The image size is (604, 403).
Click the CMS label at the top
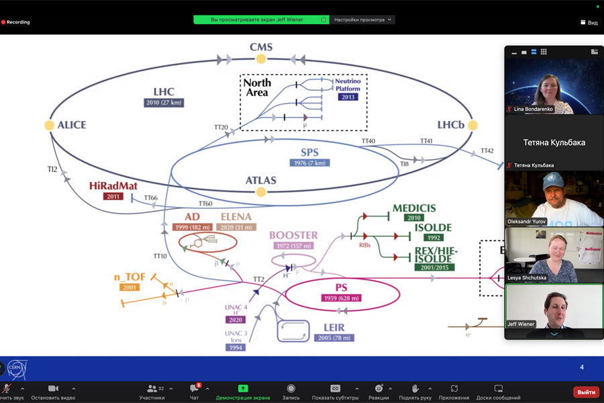pyautogui.click(x=261, y=47)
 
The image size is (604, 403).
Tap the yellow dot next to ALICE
pyautogui.click(x=49, y=125)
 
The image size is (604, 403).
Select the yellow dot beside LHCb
pyautogui.click(x=472, y=125)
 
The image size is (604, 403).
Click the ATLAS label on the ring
pyautogui.click(x=261, y=180)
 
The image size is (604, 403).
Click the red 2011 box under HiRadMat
pyautogui.click(x=113, y=196)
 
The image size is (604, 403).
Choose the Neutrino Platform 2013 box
pyautogui.click(x=348, y=97)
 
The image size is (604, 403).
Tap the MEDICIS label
pyautogui.click(x=414, y=208)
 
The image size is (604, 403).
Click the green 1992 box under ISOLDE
pyautogui.click(x=433, y=237)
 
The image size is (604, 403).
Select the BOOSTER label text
pyautogui.click(x=293, y=235)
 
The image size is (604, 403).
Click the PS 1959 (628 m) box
pyautogui.click(x=342, y=298)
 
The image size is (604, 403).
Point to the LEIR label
pyautogui.click(x=334, y=327)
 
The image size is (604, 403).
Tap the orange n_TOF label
pyautogui.click(x=130, y=277)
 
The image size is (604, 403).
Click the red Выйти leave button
pyautogui.click(x=586, y=392)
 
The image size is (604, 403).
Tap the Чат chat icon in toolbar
pyautogui.click(x=194, y=389)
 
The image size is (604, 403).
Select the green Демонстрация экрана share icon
pyautogui.click(x=243, y=389)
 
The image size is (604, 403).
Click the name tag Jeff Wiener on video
pyautogui.click(x=521, y=324)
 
